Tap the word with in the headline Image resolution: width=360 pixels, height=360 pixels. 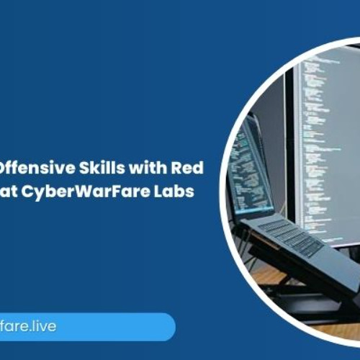click(145, 169)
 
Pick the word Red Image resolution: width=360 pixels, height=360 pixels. click(189, 169)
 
